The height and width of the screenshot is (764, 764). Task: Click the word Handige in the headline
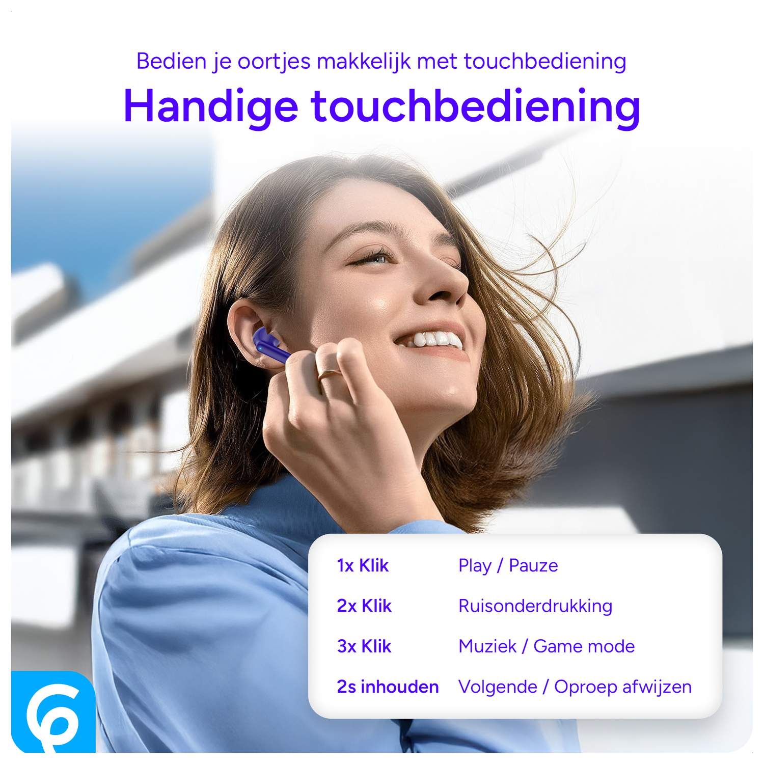click(210, 107)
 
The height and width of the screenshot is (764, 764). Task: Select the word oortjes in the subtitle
click(274, 62)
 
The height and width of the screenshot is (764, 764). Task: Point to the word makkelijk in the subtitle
click(363, 62)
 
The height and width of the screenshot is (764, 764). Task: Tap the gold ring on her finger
click(329, 374)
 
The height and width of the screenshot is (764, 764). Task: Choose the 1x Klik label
click(363, 566)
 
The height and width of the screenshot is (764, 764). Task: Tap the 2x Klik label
click(364, 606)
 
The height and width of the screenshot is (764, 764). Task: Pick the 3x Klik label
click(364, 646)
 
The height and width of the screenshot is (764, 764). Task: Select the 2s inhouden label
click(388, 687)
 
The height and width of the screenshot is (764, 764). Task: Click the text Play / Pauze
click(508, 566)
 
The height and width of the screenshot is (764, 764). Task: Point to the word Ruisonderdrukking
click(535, 606)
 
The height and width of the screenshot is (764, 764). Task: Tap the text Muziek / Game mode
click(547, 646)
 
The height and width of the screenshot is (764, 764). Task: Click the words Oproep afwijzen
click(623, 687)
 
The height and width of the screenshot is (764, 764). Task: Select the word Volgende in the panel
click(498, 687)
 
